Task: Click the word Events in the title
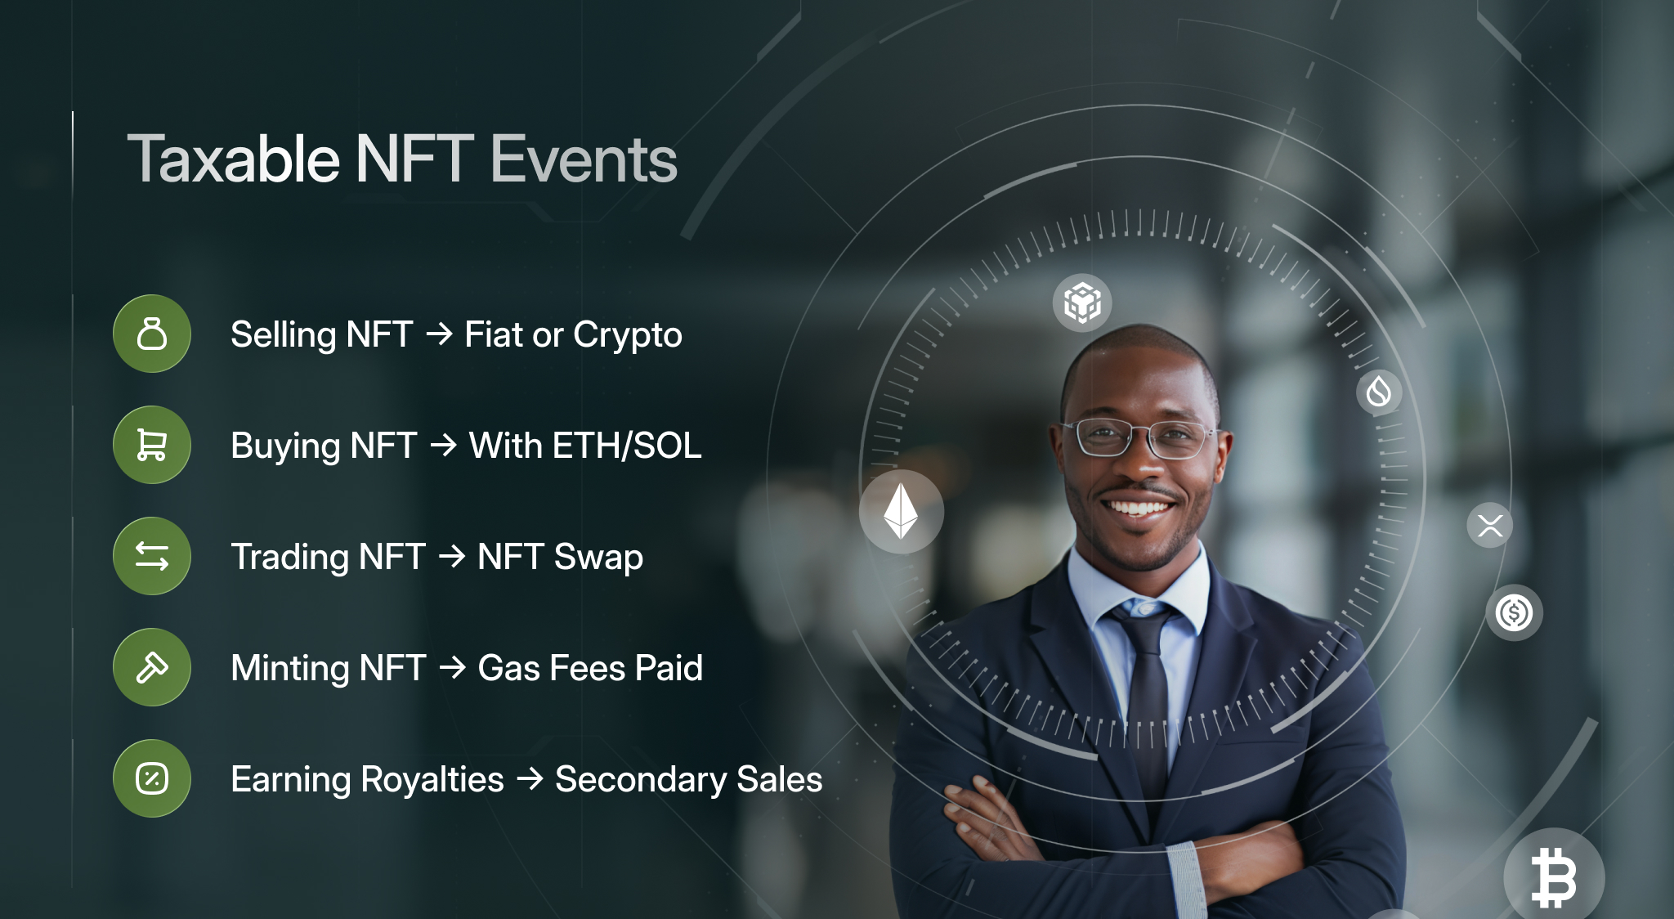[584, 159]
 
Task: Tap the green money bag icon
[152, 334]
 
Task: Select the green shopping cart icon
[152, 445]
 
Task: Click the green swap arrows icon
[152, 556]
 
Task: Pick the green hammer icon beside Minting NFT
[152, 667]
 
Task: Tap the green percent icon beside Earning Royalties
[152, 778]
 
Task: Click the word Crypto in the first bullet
[627, 335]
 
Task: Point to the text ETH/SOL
[627, 446]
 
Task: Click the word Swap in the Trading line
[598, 558]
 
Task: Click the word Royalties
[432, 779]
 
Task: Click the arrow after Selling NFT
[439, 334]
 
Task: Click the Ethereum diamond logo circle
[901, 512]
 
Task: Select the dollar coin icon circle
[1514, 612]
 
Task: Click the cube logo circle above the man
[1082, 303]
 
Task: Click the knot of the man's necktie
[1143, 621]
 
